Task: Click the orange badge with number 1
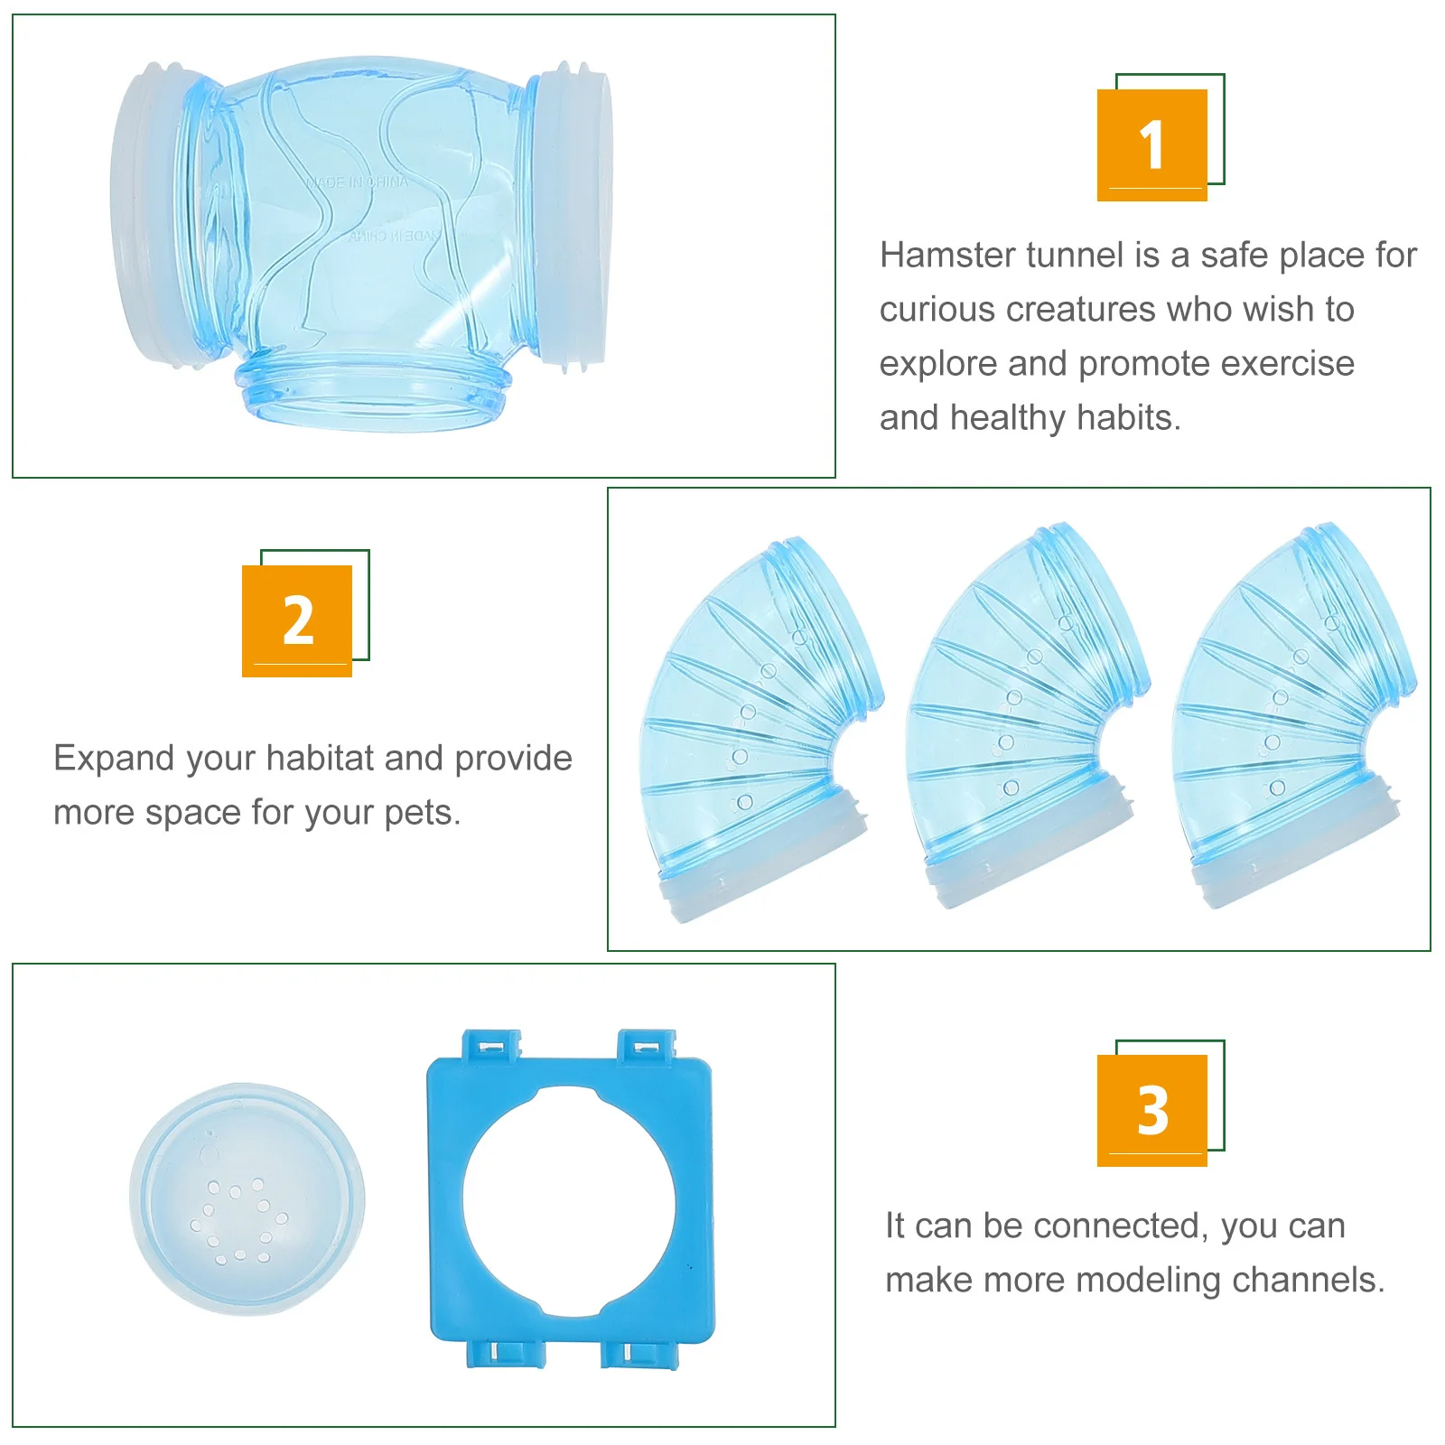1151,144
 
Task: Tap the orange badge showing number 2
297,620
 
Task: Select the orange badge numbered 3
1151,1110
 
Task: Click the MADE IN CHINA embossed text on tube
358,183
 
